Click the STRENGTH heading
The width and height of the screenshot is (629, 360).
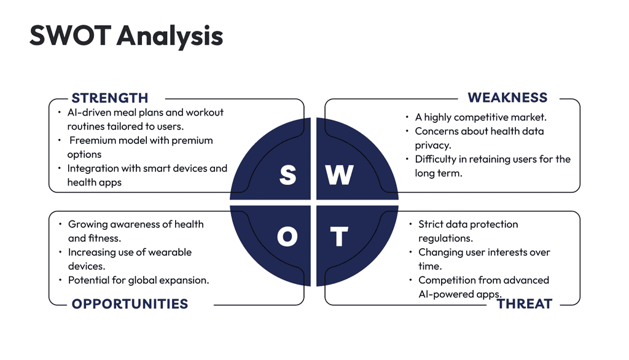click(x=109, y=98)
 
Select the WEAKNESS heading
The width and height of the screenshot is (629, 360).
click(x=507, y=98)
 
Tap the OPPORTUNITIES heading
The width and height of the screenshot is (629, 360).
click(x=130, y=304)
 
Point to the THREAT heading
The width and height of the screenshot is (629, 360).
click(x=525, y=304)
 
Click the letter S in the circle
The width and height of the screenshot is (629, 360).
click(x=287, y=175)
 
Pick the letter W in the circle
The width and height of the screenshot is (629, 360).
click(x=339, y=175)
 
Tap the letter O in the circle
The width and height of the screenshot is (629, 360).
click(x=287, y=237)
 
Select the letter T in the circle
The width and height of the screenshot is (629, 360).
click(x=339, y=237)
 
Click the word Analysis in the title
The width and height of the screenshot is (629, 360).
click(x=170, y=36)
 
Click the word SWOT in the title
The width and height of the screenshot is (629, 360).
click(x=70, y=35)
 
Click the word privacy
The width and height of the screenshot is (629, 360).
click(x=433, y=145)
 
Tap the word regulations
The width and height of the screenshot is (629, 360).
click(x=445, y=238)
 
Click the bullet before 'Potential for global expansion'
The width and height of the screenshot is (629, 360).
click(x=60, y=280)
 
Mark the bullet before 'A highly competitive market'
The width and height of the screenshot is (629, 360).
click(x=407, y=117)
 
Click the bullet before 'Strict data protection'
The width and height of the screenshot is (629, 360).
click(x=411, y=224)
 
